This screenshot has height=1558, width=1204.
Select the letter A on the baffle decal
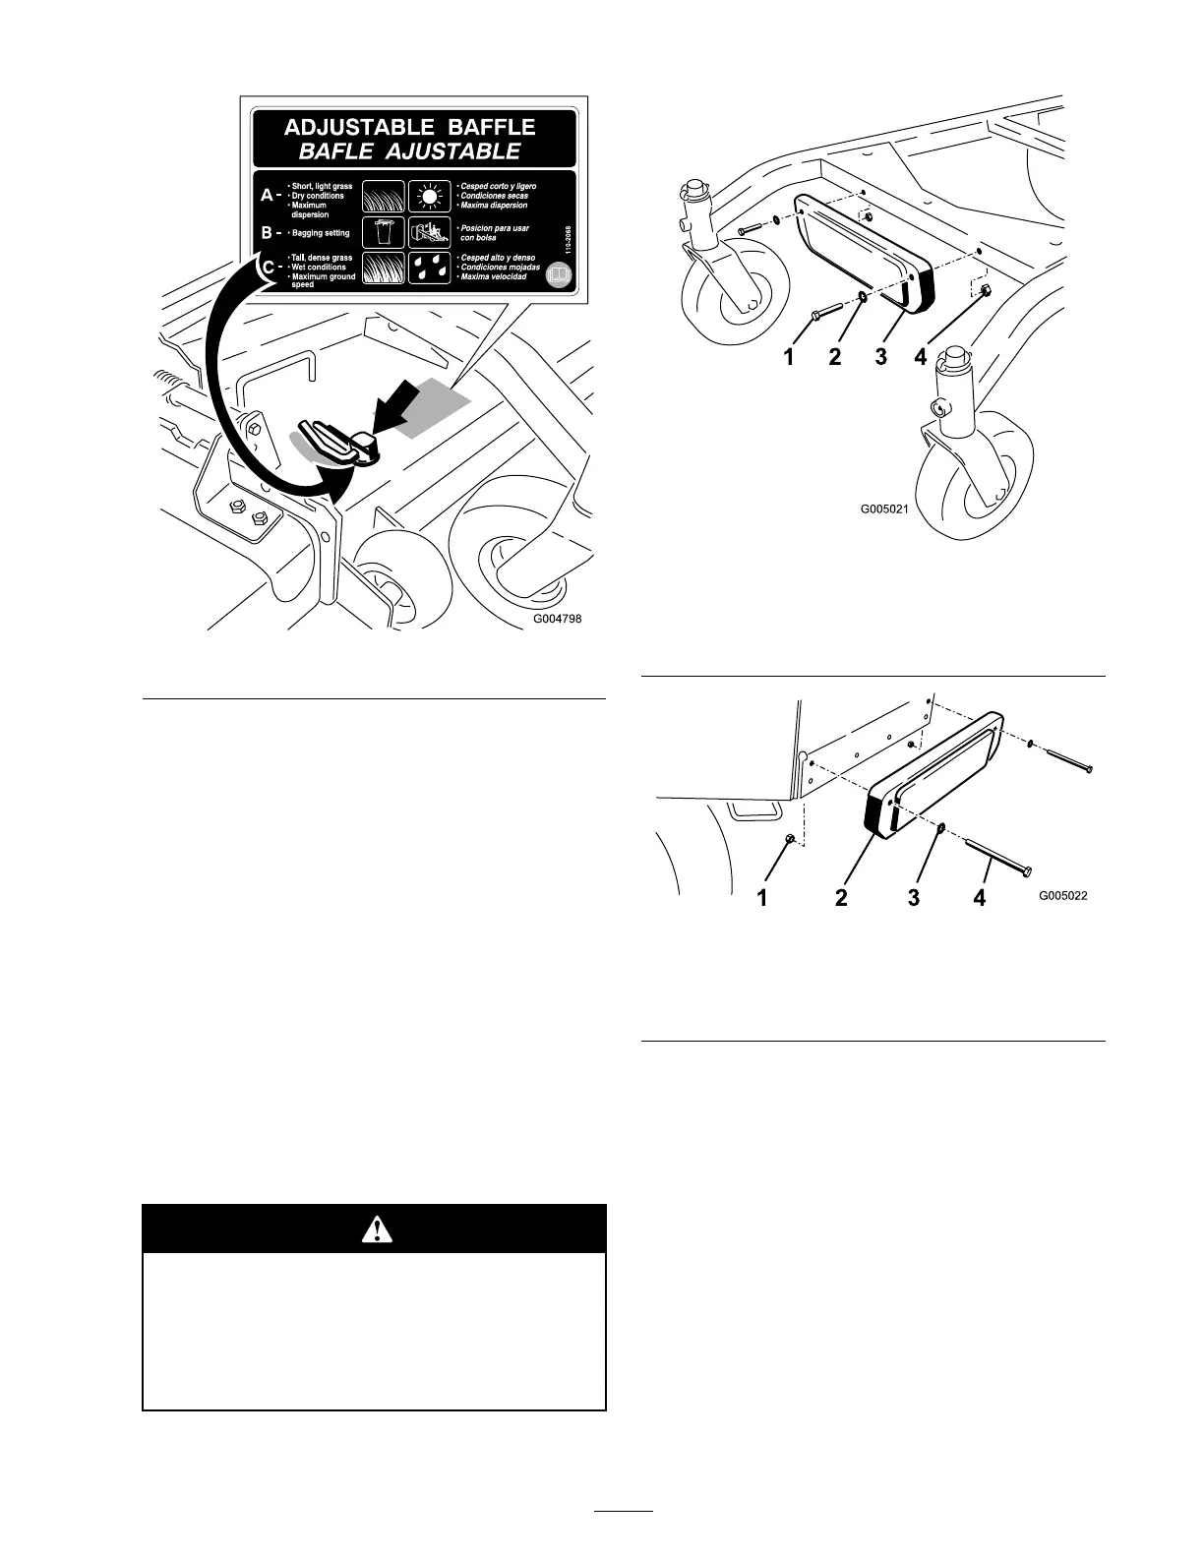(267, 196)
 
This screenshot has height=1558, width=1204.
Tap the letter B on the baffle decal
(267, 233)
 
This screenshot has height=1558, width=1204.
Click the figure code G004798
(565, 620)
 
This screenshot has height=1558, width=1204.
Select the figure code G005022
(1063, 896)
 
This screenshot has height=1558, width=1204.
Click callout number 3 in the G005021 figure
(880, 358)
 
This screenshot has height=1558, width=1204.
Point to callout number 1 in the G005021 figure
(788, 358)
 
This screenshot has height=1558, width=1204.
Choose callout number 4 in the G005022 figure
(980, 897)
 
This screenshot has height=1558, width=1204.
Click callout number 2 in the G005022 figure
(841, 897)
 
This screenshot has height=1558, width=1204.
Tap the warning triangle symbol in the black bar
(375, 1228)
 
